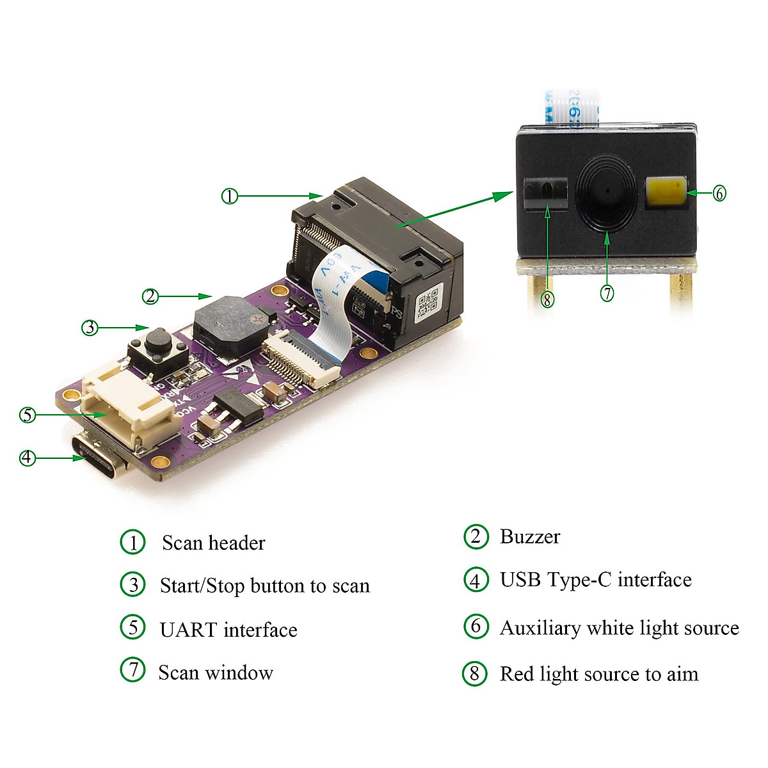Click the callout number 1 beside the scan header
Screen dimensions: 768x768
[x=229, y=196]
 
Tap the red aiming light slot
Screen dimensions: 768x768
[x=545, y=191]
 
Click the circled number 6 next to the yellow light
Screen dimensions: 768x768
[x=719, y=193]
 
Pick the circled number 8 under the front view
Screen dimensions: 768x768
[x=547, y=298]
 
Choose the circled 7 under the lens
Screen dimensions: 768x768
[x=607, y=293]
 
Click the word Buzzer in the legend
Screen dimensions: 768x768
[x=529, y=536]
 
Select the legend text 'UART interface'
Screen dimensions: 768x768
[x=228, y=630]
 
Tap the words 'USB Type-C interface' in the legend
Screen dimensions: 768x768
[x=595, y=580]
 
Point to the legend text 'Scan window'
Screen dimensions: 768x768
[x=216, y=673]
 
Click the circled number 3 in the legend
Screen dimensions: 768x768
[x=133, y=584]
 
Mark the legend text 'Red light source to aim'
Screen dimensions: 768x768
[x=599, y=674]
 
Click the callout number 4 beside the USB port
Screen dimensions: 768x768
[x=27, y=458]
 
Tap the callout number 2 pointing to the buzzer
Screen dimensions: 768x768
[x=150, y=296]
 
